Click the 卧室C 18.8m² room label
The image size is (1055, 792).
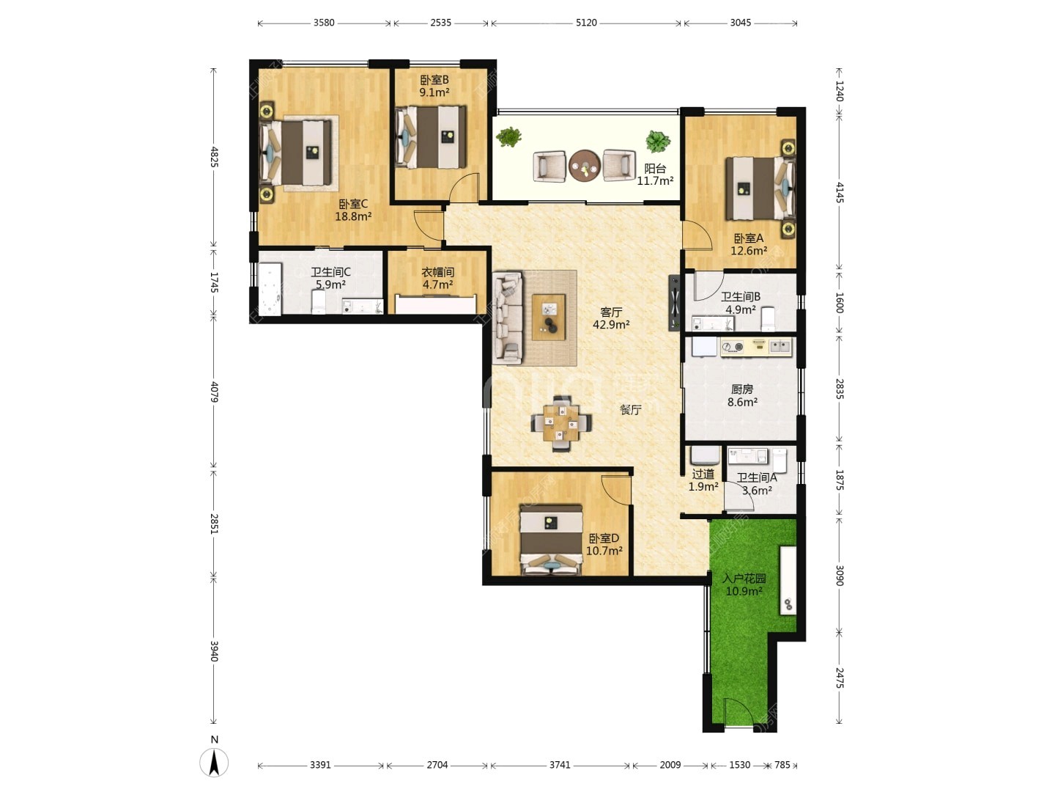click(x=353, y=210)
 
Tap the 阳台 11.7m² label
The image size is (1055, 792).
click(x=655, y=175)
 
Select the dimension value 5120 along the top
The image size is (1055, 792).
click(x=586, y=23)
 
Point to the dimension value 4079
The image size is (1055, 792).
click(x=215, y=392)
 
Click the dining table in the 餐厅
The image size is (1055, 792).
click(x=561, y=423)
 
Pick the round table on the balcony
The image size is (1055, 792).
click(x=585, y=166)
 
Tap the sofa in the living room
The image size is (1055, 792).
click(x=508, y=318)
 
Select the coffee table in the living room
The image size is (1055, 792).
click(x=549, y=318)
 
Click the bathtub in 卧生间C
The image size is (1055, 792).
click(x=270, y=288)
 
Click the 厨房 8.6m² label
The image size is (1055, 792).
click(x=742, y=395)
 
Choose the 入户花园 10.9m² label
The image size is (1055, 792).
click(x=744, y=584)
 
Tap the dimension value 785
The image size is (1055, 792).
click(x=782, y=765)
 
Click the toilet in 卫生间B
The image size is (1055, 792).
click(x=768, y=319)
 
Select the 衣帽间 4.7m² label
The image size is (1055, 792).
click(x=437, y=279)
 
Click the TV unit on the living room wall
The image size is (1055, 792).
click(x=674, y=303)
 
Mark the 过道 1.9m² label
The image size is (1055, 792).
click(x=703, y=480)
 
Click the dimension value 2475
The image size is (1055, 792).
click(x=839, y=678)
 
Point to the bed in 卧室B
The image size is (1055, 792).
click(x=431, y=137)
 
